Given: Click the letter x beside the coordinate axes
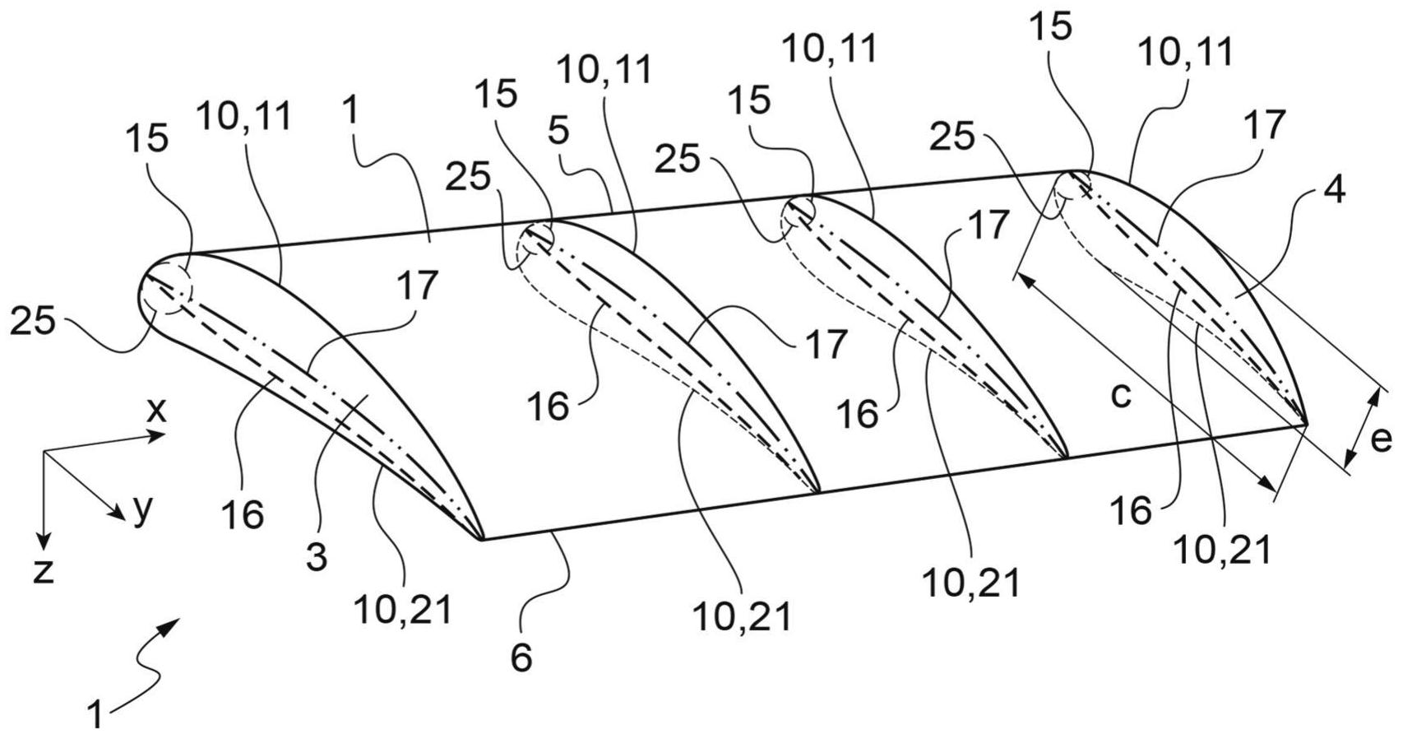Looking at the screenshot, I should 155,409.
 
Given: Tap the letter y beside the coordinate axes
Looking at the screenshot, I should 143,509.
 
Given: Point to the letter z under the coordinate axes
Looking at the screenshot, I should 43,570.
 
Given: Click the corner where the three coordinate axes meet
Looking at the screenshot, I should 45,453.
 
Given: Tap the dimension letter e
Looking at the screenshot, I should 1381,439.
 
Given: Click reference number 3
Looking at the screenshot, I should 317,556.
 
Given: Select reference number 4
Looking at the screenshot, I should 1334,190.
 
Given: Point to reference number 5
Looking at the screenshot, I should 560,132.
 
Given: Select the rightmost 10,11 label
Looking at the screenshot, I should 1185,53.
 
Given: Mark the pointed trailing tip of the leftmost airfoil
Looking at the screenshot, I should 480,539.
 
